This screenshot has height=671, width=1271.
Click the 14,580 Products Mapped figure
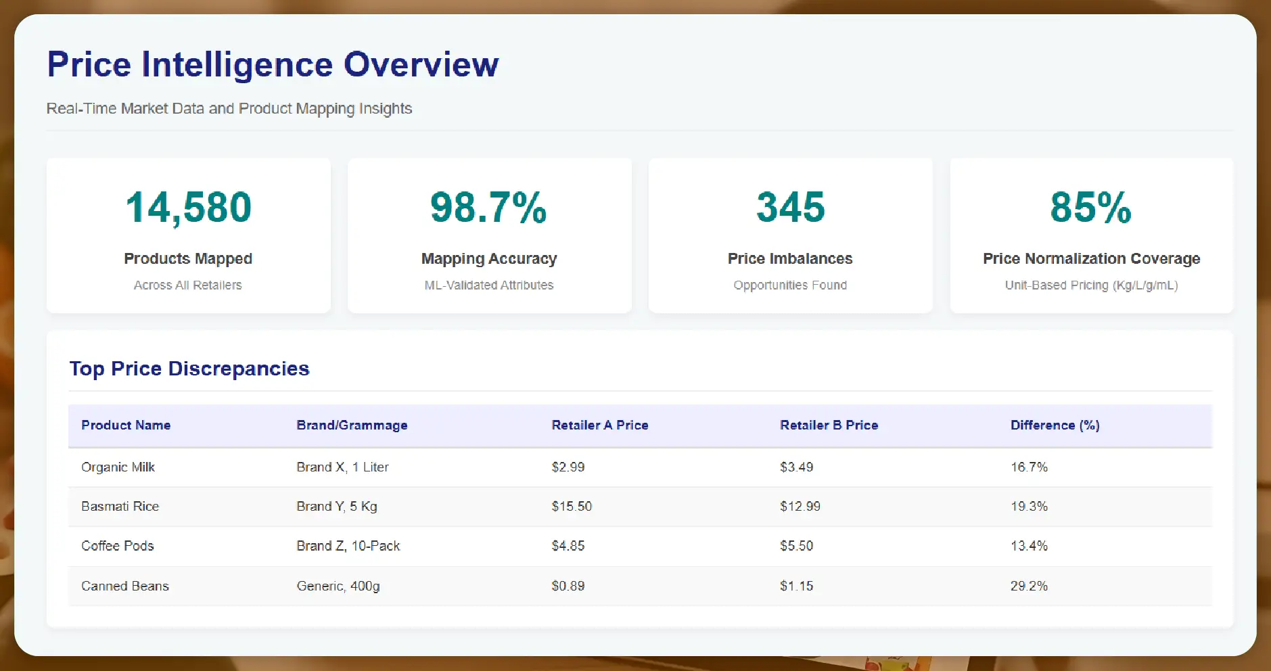188,207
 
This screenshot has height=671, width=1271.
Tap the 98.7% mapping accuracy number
488,207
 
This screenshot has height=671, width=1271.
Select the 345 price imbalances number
790,207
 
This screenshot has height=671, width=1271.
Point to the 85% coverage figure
1090,207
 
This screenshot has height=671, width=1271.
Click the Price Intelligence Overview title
273,65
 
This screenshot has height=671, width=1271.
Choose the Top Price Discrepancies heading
189,369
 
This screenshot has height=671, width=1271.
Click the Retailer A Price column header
599,425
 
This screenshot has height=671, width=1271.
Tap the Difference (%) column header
1055,425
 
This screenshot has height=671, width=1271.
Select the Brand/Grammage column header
352,425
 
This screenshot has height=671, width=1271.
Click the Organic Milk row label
118,467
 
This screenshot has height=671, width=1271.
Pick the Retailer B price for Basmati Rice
800,507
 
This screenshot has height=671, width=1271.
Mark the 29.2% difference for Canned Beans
1029,586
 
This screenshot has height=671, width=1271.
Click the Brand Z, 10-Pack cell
348,546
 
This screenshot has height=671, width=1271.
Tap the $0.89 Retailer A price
568,586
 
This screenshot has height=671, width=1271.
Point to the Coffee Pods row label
118,546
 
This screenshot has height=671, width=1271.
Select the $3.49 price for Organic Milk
796,467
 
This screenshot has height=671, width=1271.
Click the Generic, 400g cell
338,586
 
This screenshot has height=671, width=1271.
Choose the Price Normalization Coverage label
1091,259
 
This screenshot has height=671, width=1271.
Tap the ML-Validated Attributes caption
488,285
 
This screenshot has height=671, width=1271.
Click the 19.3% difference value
1029,507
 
